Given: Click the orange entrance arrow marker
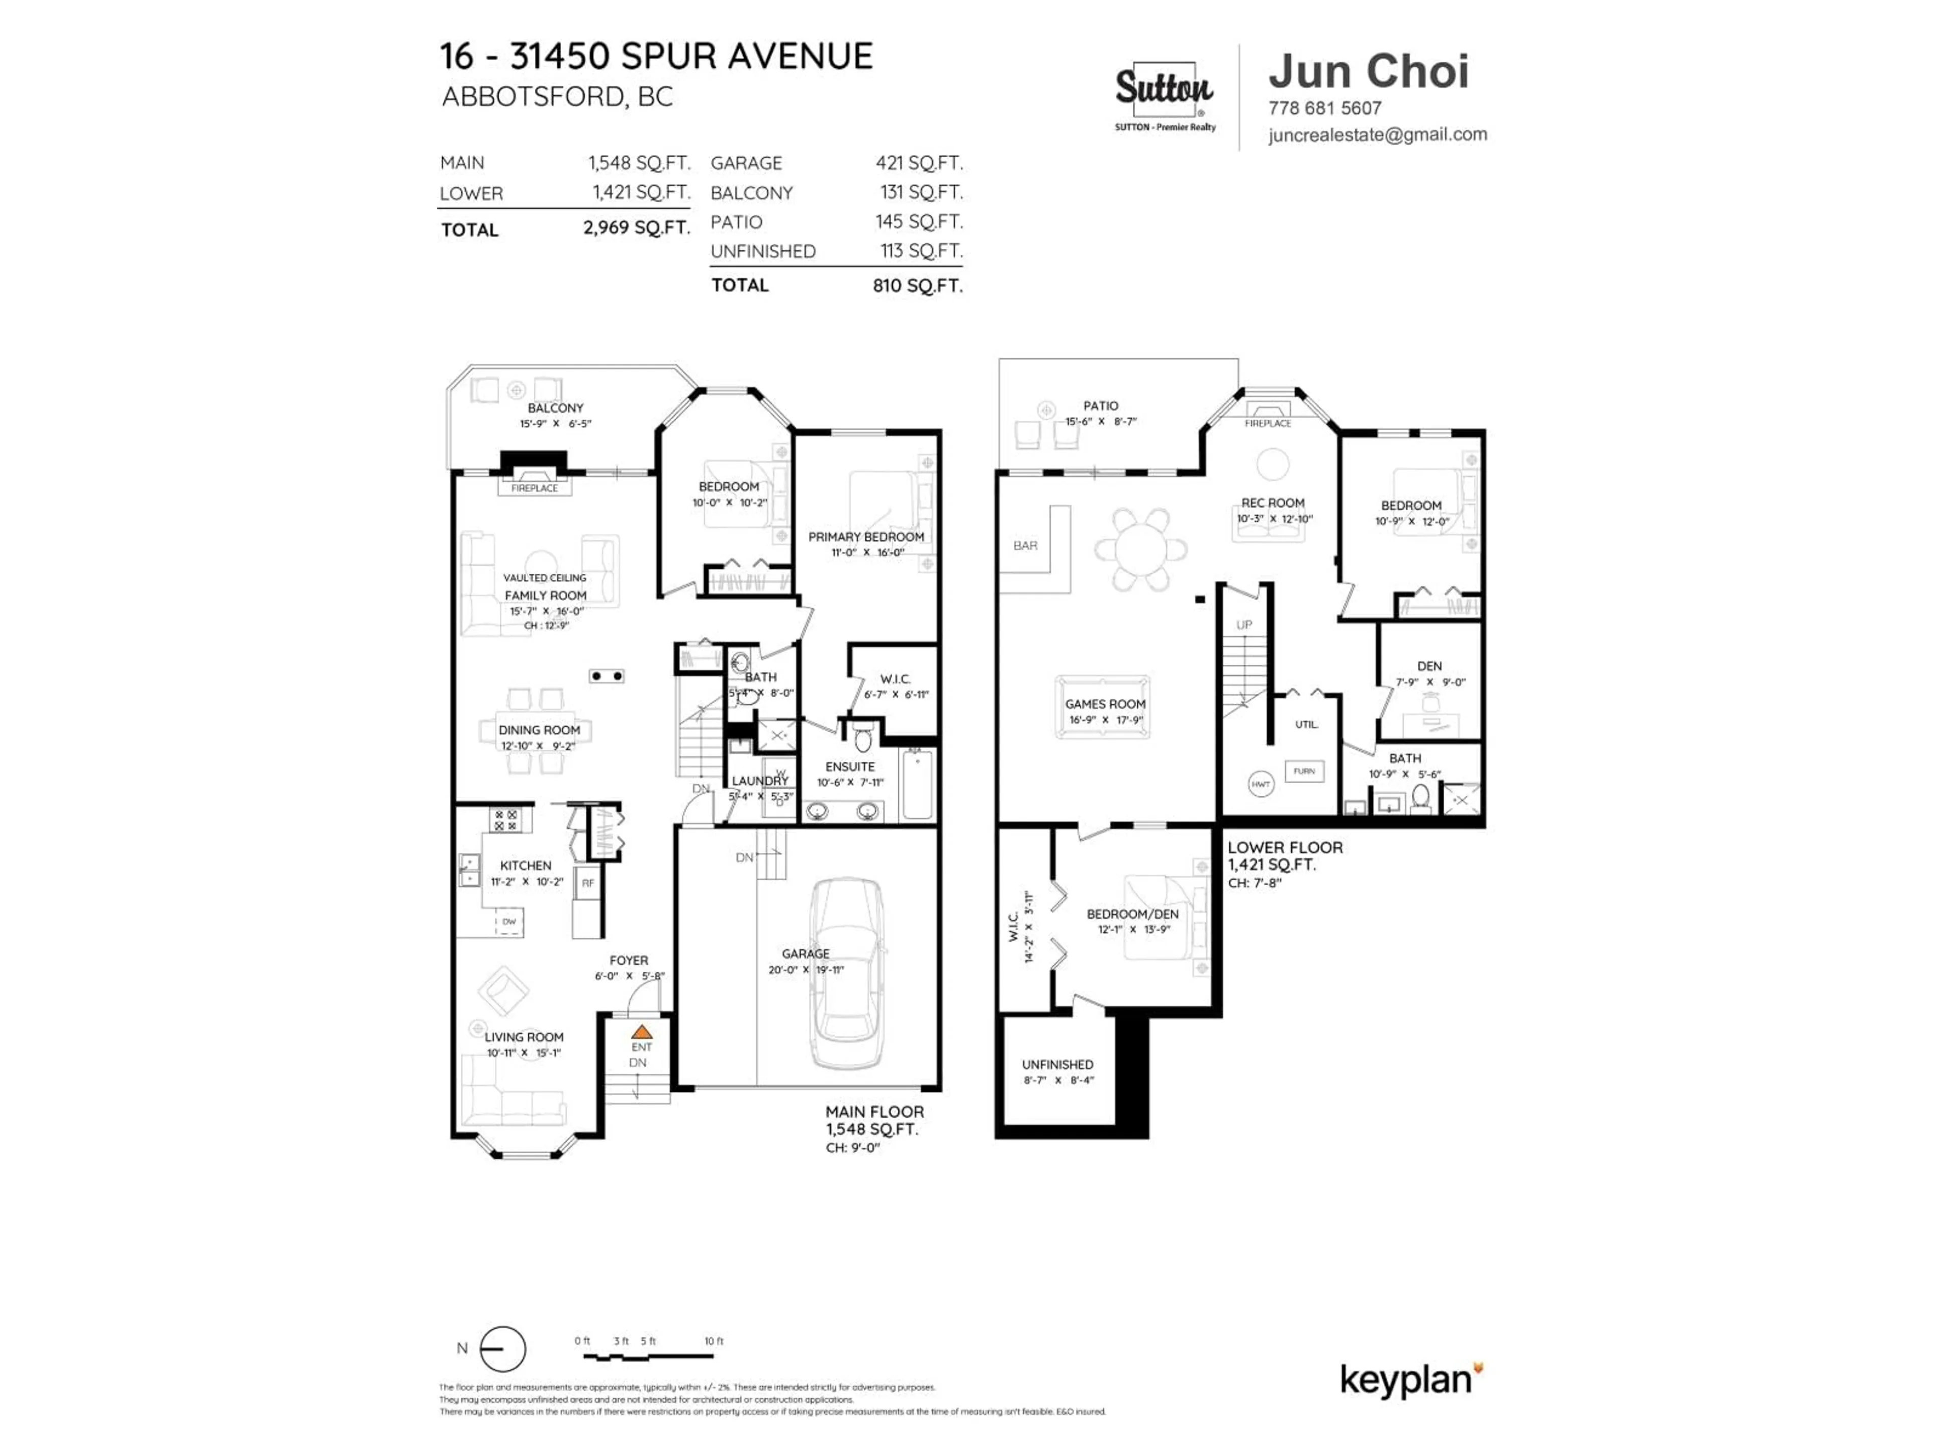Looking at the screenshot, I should (x=641, y=1032).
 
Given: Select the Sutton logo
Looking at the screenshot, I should (x=1165, y=90).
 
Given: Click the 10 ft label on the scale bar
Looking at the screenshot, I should (x=713, y=1341).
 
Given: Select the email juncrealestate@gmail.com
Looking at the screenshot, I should (x=1377, y=134).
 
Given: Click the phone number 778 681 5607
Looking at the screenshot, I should (x=1324, y=108).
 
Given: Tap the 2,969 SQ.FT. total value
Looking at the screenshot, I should (x=636, y=227).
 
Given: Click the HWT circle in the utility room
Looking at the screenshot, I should (x=1261, y=784).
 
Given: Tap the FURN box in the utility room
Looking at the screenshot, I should (x=1304, y=771).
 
